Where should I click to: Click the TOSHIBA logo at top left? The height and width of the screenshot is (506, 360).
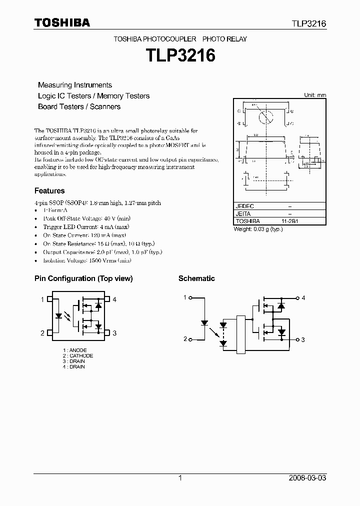(x=62, y=22)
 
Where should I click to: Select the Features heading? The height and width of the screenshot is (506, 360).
(x=49, y=190)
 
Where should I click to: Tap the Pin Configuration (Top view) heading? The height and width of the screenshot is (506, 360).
(x=83, y=278)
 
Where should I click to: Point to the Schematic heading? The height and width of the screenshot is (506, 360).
(x=196, y=278)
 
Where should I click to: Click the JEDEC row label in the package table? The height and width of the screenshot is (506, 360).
(x=245, y=206)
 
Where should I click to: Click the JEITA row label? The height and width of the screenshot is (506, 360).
(x=243, y=213)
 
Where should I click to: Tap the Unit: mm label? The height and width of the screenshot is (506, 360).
(x=315, y=95)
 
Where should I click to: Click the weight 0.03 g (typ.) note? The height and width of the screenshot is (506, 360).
(x=258, y=229)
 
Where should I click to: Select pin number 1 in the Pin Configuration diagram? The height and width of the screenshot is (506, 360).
(x=42, y=299)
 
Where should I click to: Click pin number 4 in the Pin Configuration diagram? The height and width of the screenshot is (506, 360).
(x=114, y=299)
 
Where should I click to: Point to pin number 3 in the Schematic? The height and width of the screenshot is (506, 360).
(x=303, y=339)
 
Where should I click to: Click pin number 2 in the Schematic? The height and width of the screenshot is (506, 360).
(x=185, y=339)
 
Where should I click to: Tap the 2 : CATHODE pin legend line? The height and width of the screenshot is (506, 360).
(x=78, y=355)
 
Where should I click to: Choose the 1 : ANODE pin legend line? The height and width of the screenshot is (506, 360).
(x=75, y=350)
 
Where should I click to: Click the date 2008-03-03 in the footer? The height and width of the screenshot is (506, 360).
(x=307, y=478)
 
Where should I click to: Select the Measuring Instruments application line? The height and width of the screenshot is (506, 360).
(x=75, y=85)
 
